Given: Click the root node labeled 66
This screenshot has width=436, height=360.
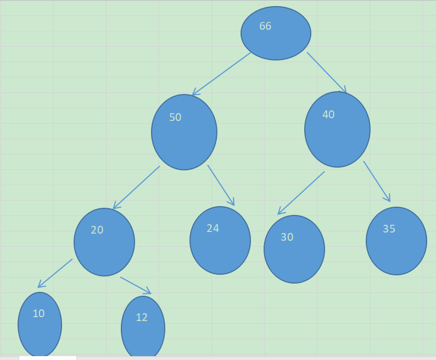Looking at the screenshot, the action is pos(276,33).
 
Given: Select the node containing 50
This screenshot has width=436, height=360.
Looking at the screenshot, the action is pos(184,132).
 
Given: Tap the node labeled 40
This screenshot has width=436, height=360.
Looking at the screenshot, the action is pos(337,129).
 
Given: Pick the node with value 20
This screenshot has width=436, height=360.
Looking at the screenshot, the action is pos(104,242).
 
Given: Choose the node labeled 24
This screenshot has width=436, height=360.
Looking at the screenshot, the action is pos(220,240).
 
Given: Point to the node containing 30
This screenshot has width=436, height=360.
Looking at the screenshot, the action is pos(294,249).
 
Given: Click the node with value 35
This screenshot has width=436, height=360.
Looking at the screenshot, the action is pos(396,241).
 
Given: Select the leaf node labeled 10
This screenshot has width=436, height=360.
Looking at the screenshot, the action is pos(40,324).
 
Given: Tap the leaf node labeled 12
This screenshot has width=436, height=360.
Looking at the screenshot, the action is pos(143,328).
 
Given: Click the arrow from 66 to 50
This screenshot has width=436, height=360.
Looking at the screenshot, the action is pos(222,74).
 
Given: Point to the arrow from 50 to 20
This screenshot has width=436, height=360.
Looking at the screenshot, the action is pos(136,187).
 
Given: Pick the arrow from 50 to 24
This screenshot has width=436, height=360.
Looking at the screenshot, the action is pos(221,185).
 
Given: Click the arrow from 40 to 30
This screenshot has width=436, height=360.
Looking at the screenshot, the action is pos(301,193).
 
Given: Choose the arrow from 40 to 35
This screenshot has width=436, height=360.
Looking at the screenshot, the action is pos(377,181).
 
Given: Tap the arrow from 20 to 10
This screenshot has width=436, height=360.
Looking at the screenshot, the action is pos(55,273).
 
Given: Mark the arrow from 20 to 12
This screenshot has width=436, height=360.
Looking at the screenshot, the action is pos(136,285).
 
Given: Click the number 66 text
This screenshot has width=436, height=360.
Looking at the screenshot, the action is pos(265,26).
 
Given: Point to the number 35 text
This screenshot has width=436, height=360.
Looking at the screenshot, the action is pos(389,229).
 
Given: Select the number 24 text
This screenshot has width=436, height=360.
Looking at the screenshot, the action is pos(213,228).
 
